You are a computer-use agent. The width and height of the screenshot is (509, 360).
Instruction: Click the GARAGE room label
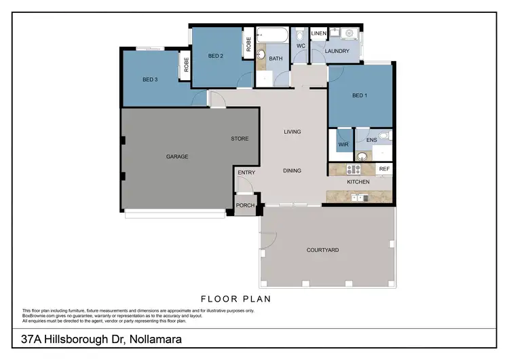pyautogui.click(x=177, y=157)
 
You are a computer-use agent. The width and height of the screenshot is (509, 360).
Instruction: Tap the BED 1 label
pyautogui.click(x=360, y=96)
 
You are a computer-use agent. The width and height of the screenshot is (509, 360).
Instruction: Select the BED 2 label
pyautogui.click(x=216, y=56)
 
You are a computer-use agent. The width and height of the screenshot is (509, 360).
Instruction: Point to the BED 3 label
pyautogui.click(x=150, y=79)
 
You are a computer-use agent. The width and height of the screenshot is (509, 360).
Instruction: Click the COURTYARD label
pyautogui.click(x=322, y=250)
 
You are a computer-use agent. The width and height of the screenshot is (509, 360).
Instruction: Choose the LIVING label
pyautogui.click(x=293, y=132)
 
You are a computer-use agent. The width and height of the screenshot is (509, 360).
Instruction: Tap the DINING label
pyautogui.click(x=293, y=170)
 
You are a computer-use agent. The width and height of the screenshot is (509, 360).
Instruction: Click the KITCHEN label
pyautogui.click(x=358, y=182)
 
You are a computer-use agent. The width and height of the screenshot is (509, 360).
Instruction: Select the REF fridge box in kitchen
pyautogui.click(x=384, y=168)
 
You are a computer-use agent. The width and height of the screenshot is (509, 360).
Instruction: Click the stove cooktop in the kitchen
pyautogui.click(x=354, y=169)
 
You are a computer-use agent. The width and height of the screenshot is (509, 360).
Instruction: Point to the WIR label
pyautogui.click(x=343, y=144)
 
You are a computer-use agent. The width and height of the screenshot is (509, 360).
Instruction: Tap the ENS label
pyautogui.click(x=371, y=141)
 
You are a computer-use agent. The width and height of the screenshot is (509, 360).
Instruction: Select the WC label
pyautogui.click(x=300, y=46)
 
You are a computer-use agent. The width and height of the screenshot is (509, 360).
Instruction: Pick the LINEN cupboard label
pyautogui.click(x=319, y=33)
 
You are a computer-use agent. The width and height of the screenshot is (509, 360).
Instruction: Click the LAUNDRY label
pyautogui.click(x=337, y=51)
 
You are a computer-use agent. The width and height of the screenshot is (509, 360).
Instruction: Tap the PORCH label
pyautogui.click(x=245, y=205)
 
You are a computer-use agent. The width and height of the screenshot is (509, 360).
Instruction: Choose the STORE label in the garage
pyautogui.click(x=240, y=139)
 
